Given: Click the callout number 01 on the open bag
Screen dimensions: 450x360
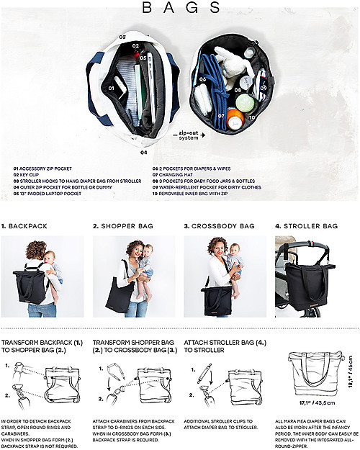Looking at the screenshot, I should click(x=112, y=88).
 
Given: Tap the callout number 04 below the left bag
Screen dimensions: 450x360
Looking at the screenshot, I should click(x=143, y=152).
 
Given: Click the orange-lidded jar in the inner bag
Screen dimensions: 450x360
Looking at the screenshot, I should click(x=234, y=118).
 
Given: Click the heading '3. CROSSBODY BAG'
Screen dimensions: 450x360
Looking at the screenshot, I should click(x=222, y=226).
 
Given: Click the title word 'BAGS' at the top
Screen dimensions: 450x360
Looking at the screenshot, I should click(x=181, y=9).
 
